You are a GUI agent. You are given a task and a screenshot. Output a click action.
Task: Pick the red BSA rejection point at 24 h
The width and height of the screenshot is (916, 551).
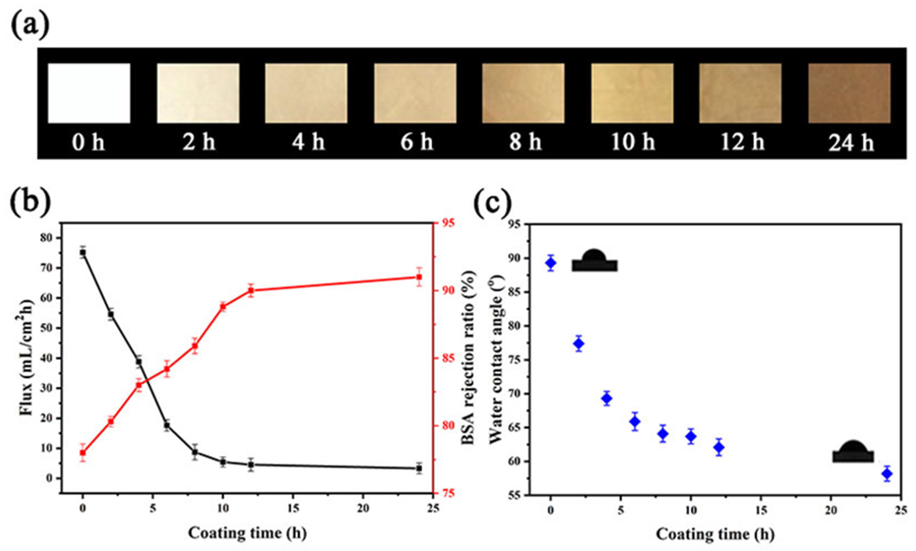[x=419, y=277]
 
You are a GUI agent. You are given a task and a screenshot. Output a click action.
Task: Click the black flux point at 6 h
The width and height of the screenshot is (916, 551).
[x=167, y=426]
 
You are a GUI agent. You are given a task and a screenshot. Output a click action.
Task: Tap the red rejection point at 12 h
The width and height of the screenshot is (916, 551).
[x=251, y=291]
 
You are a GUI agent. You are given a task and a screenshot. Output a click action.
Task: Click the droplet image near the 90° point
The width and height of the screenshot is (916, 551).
[x=594, y=261]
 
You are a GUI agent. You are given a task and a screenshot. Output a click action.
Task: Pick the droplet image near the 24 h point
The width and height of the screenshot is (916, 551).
[x=853, y=452]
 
